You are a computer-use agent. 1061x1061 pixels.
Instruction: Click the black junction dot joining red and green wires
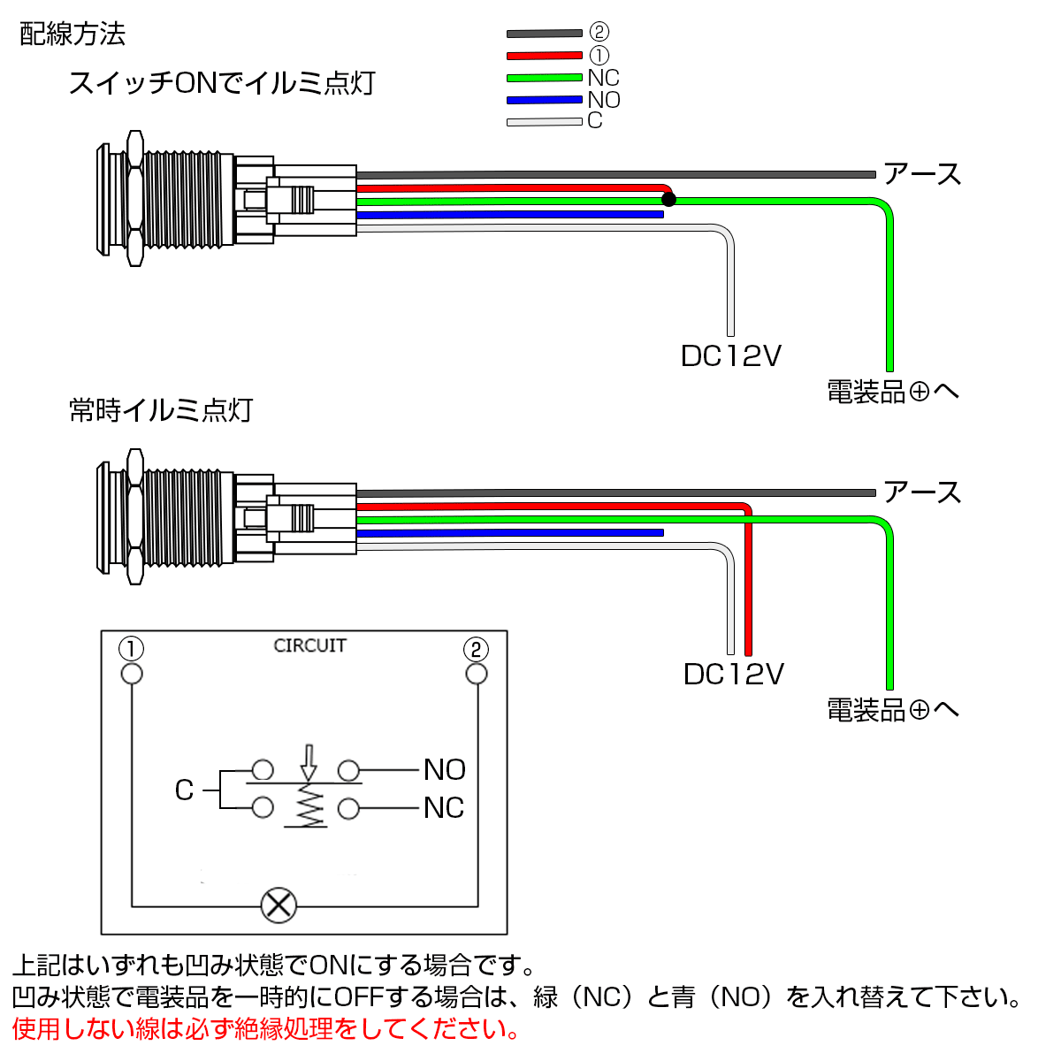[668, 199]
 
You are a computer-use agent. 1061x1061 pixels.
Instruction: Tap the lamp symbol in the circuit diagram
[279, 905]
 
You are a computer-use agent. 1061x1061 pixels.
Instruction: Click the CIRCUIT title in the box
[309, 645]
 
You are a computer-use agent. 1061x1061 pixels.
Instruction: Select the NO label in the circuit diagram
[444, 769]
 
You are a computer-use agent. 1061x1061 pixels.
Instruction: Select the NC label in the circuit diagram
[444, 808]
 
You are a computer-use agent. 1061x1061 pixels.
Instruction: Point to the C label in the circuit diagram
[184, 790]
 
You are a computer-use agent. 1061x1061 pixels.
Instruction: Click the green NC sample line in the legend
[544, 78]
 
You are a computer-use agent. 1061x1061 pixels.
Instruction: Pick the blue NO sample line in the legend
[544, 100]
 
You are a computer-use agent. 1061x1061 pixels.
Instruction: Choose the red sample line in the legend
[544, 56]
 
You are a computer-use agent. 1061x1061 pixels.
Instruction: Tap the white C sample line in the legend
[544, 121]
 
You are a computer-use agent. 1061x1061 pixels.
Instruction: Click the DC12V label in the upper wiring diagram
[731, 355]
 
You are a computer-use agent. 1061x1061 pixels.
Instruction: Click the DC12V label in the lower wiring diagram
[733, 674]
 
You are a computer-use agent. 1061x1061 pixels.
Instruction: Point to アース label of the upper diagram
[922, 174]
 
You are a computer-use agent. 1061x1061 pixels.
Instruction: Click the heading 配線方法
[73, 34]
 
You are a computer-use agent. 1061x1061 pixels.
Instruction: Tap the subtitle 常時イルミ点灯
[161, 410]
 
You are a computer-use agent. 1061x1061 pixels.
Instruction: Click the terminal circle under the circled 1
[132, 675]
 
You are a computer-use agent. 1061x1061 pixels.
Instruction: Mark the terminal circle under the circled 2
[477, 675]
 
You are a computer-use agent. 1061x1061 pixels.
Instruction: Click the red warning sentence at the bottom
[265, 1029]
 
